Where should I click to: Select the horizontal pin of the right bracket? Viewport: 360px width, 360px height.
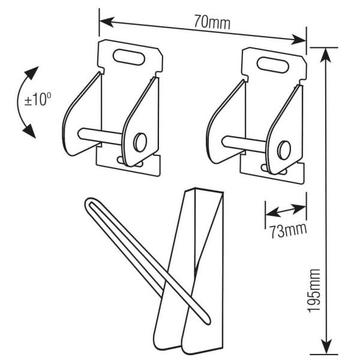click(243, 142)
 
